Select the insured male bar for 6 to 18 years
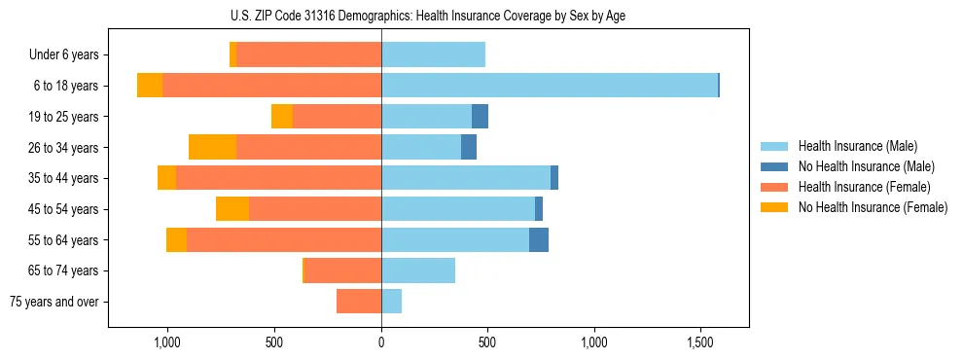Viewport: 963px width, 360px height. click(x=550, y=86)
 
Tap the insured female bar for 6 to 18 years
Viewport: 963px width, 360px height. click(x=271, y=86)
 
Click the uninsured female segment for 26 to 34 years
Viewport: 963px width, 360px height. click(x=212, y=147)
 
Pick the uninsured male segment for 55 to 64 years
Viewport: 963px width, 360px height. click(x=539, y=239)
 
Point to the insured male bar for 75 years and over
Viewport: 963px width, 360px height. click(x=392, y=302)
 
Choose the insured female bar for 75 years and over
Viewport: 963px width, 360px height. click(x=359, y=302)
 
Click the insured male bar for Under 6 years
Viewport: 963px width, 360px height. click(x=433, y=54)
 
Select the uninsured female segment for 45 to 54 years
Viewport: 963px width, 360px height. click(x=232, y=209)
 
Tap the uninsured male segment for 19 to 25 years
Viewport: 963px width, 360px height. click(x=480, y=117)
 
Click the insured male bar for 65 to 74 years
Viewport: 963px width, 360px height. click(x=418, y=270)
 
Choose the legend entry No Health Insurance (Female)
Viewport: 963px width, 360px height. click(x=873, y=207)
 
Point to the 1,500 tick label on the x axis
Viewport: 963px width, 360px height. click(x=700, y=343)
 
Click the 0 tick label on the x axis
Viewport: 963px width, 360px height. click(x=381, y=343)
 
